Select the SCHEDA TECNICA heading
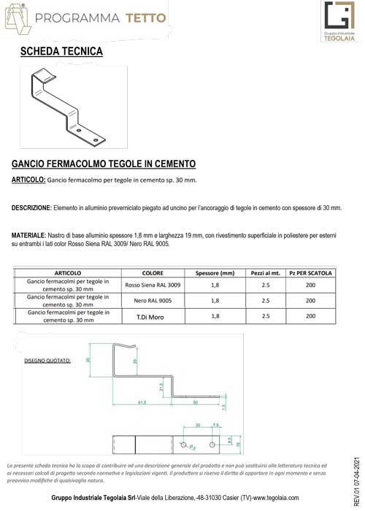click(61, 52)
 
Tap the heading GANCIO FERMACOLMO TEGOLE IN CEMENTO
click(104, 165)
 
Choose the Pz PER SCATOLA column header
click(310, 273)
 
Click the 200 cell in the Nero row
click(310, 300)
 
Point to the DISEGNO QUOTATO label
click(48, 361)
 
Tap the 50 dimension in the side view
click(195, 401)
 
